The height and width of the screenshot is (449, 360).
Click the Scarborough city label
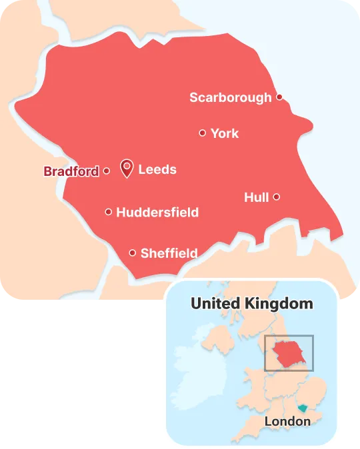[x=230, y=98]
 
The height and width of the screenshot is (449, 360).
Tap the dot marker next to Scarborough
[x=279, y=97]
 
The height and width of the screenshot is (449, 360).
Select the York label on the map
[x=224, y=133]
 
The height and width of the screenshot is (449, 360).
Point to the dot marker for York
[x=202, y=133]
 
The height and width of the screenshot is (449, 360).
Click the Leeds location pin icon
[x=126, y=167]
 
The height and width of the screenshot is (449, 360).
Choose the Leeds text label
[x=157, y=169]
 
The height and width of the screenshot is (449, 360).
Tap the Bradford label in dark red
[x=71, y=171]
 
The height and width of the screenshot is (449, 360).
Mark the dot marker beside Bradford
[x=106, y=171]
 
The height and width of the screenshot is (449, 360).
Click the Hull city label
[x=256, y=197]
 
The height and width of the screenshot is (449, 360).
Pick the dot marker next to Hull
[x=277, y=197]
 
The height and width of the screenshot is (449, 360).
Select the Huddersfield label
[x=157, y=213]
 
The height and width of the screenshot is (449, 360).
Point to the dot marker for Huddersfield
[x=108, y=212]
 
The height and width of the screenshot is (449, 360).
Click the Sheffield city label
[x=169, y=253]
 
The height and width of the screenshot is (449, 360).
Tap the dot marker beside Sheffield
[x=133, y=252]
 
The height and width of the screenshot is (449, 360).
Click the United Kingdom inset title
[x=251, y=304]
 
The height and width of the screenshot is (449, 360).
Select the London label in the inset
[x=287, y=421]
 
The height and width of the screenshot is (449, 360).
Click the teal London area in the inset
[x=301, y=408]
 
